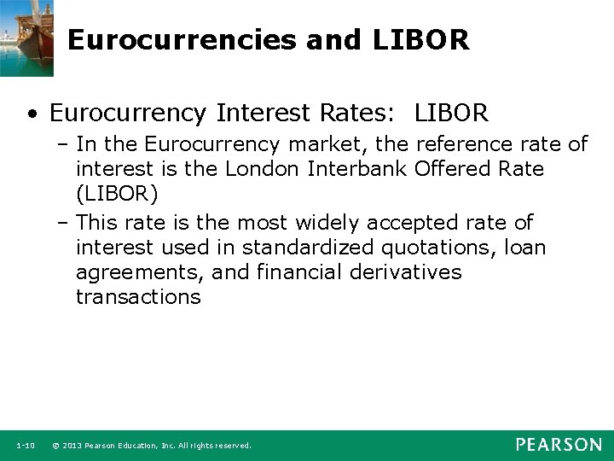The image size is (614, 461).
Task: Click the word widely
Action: pos(327,223)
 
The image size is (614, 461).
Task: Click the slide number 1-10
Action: pos(25,446)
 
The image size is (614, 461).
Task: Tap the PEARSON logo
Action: pos(558,445)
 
